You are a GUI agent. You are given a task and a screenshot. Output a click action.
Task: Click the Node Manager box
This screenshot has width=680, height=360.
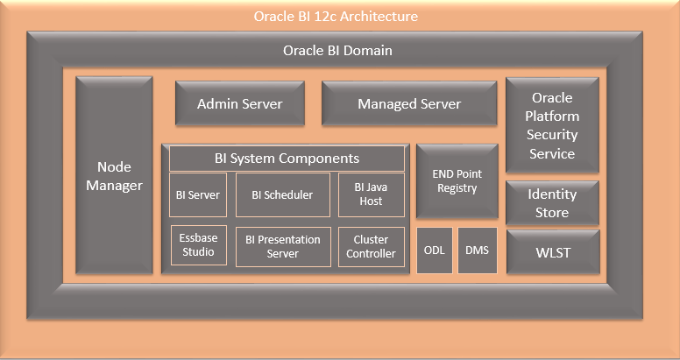coord(114,175)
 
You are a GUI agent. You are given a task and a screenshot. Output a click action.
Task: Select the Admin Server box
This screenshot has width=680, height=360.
coord(239,104)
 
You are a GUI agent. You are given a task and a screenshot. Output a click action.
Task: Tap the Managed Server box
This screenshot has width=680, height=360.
coord(408,104)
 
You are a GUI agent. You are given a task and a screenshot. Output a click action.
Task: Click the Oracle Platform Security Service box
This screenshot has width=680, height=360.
coord(552,125)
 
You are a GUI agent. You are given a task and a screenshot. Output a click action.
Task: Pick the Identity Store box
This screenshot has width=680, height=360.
coord(552,203)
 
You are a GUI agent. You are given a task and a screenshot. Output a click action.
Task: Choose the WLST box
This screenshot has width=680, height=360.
coord(552,252)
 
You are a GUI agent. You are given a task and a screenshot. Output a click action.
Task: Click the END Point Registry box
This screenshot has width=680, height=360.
coord(457,181)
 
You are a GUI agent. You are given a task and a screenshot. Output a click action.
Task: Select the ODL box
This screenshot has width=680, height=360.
coord(434,251)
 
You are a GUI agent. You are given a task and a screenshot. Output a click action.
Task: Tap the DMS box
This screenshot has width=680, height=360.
coord(477,251)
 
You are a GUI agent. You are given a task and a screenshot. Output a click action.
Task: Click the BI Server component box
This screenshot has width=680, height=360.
coord(198,194)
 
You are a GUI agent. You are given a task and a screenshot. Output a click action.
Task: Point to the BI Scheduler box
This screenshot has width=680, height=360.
coord(282,194)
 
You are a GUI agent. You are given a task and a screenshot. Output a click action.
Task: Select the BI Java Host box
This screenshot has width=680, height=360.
coord(371,194)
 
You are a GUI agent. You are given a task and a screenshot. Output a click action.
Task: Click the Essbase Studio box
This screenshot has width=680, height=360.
coord(198,246)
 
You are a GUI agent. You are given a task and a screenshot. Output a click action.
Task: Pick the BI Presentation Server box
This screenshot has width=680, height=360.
coord(282,246)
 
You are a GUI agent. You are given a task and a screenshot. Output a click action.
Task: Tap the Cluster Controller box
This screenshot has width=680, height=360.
coord(371,246)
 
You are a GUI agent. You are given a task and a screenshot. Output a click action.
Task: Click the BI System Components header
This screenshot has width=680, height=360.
coord(287,159)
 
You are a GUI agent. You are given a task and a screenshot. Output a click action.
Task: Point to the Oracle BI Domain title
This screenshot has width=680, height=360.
coord(337,50)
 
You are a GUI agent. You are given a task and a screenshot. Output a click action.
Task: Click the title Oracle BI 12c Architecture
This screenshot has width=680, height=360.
coord(336,17)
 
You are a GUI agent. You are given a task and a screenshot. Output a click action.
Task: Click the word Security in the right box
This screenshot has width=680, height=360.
coord(552,135)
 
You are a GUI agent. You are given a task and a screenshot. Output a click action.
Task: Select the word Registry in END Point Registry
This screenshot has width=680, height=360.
coord(457,188)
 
